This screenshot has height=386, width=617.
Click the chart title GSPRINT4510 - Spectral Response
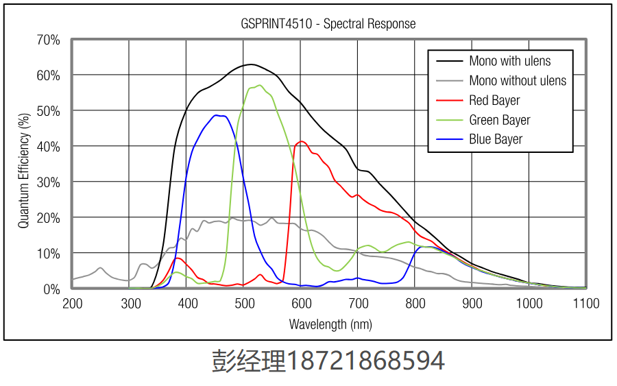point(328,24)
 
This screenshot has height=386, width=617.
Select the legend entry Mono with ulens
point(509,62)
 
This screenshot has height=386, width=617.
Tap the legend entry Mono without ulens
point(518,81)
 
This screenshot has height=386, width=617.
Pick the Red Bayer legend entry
point(494,101)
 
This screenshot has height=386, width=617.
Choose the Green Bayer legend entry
point(500,120)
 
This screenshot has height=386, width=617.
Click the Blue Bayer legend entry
point(496,139)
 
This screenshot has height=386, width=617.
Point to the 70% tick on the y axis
point(48,40)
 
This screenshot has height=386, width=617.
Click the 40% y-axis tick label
point(48,147)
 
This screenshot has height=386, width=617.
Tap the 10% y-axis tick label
point(48,254)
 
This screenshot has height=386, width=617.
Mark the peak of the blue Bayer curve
point(216,115)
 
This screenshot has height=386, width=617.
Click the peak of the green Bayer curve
point(260,85)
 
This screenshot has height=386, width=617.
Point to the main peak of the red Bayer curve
point(301,141)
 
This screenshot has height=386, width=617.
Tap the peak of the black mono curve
point(251,64)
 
